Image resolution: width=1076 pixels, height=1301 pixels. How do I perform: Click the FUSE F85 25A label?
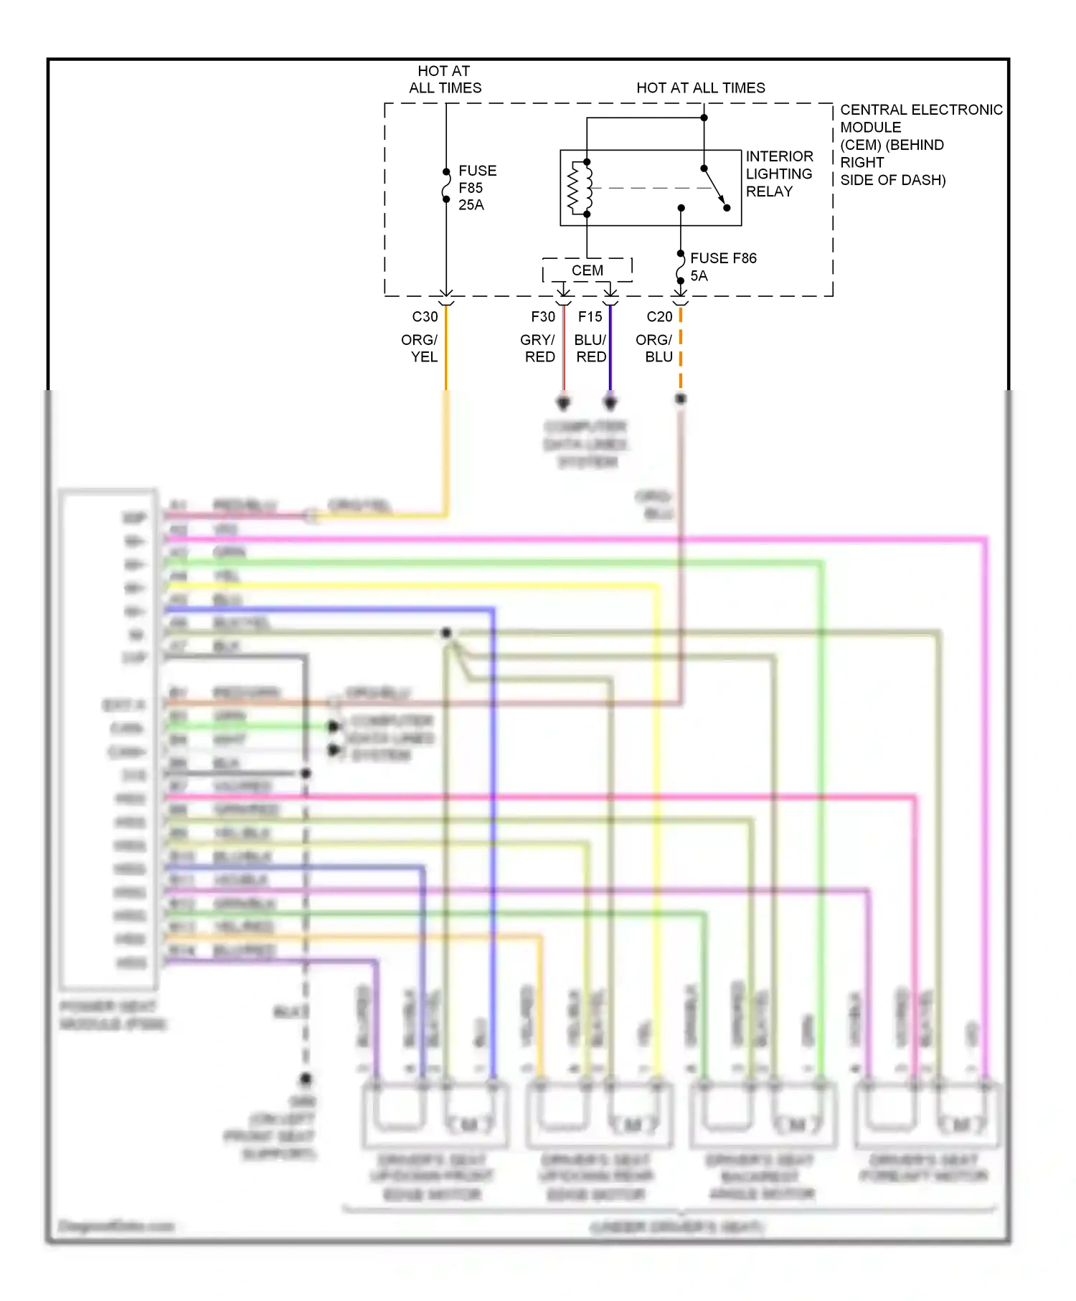(476, 188)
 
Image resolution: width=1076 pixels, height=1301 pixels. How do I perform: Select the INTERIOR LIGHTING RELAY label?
(779, 174)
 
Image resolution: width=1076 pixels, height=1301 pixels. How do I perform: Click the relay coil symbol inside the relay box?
(580, 188)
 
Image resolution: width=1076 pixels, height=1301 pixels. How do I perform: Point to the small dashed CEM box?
(587, 270)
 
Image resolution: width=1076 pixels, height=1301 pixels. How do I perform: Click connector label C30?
(425, 316)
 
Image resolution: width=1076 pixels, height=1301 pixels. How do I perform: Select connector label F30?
(543, 316)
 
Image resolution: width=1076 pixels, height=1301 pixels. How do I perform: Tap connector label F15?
(590, 316)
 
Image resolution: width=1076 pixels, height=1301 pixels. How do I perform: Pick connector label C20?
(659, 316)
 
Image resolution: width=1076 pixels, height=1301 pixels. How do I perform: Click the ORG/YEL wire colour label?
(420, 348)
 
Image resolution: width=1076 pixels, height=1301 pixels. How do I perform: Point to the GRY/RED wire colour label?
(538, 348)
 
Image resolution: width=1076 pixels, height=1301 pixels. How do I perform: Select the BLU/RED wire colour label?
(590, 348)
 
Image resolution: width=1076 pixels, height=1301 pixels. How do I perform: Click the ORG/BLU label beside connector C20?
(654, 348)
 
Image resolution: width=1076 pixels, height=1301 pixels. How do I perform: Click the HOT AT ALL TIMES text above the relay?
(700, 87)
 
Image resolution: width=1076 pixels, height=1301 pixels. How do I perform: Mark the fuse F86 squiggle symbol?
(680, 268)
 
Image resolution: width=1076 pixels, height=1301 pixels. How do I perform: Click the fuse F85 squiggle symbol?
(446, 185)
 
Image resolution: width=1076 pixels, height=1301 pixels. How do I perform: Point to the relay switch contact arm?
(714, 187)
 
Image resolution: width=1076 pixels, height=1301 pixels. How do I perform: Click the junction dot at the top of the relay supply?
(704, 118)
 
